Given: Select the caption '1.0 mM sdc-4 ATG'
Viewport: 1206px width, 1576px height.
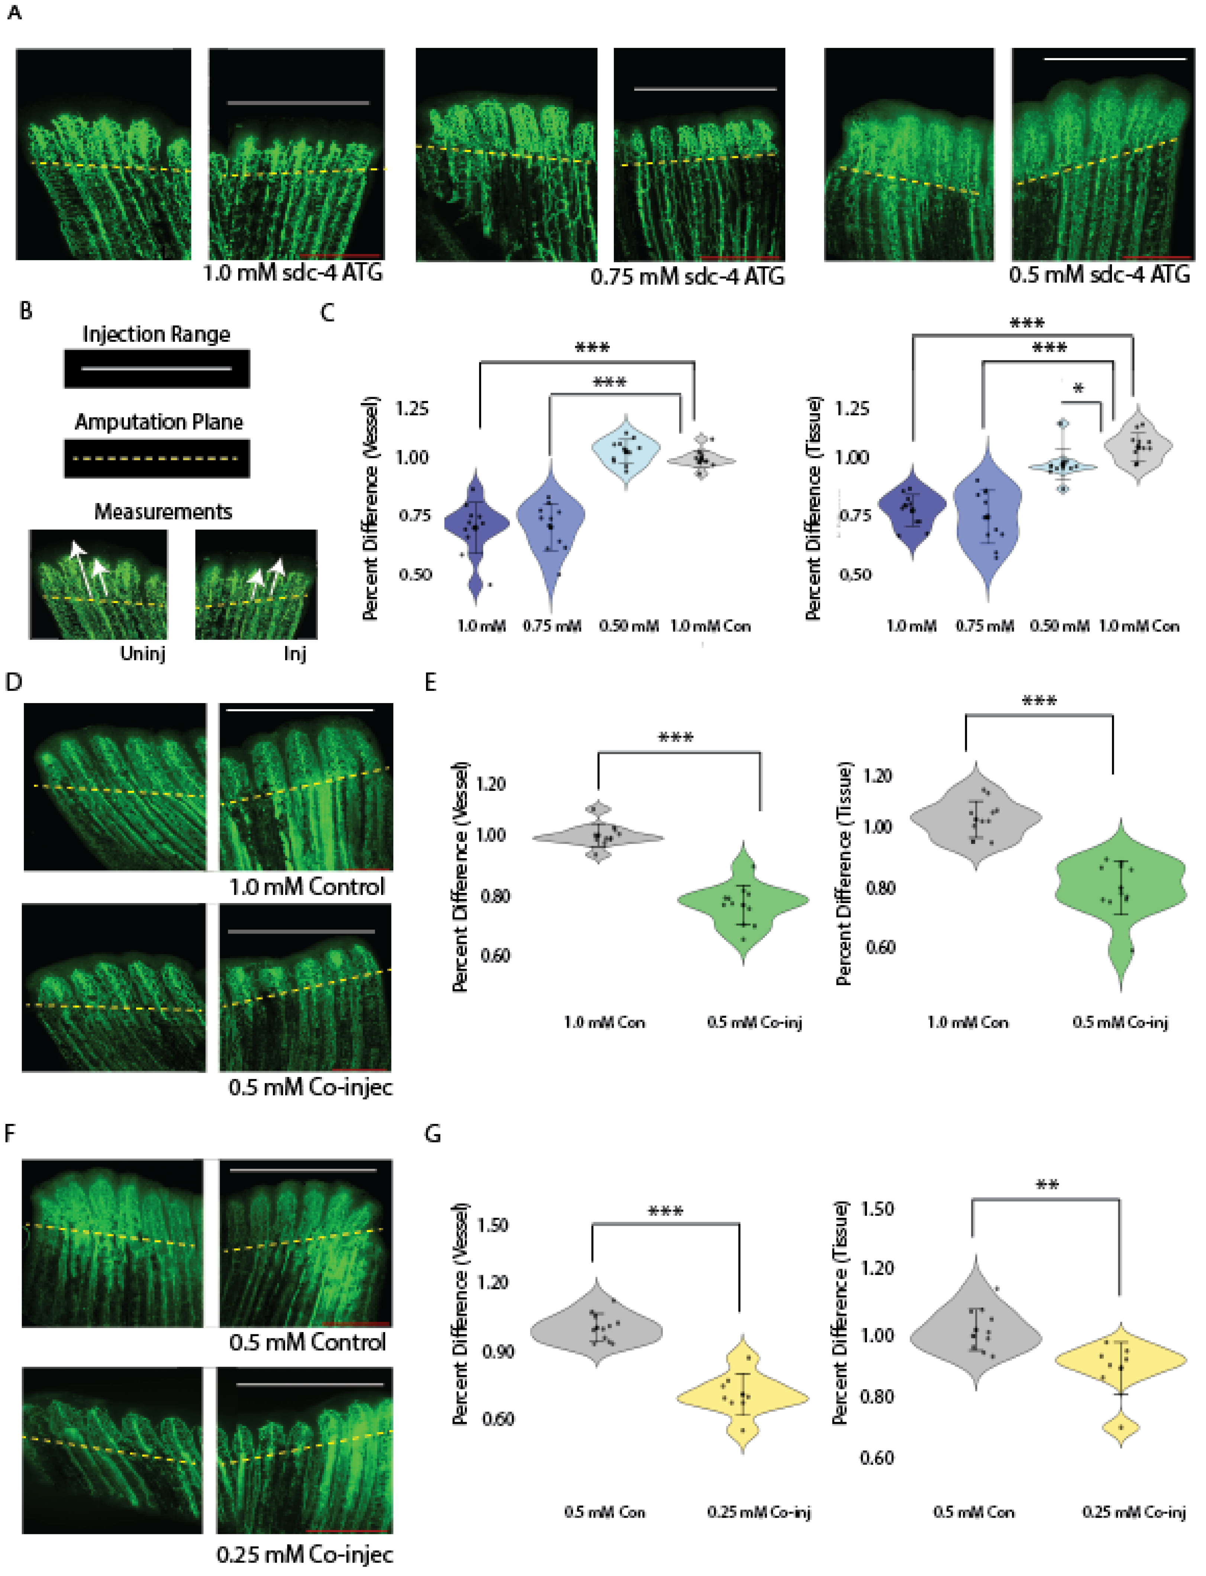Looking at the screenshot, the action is [293, 273].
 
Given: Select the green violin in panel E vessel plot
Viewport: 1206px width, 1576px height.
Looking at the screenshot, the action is [744, 901].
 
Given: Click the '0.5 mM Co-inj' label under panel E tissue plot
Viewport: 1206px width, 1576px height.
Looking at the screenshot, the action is [1120, 1022].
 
